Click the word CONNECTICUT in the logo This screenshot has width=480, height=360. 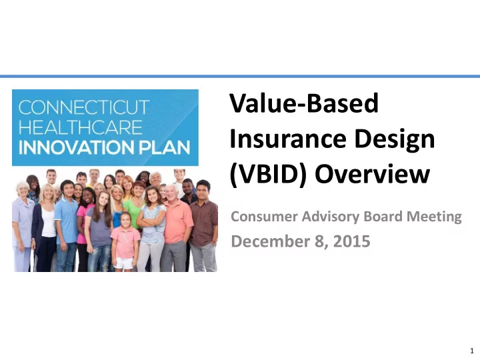[x=84, y=107]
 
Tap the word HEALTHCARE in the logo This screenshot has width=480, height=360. [x=81, y=127]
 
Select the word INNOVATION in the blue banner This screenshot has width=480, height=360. [x=76, y=147]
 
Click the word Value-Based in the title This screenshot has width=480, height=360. [x=304, y=103]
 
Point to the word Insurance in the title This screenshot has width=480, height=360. [x=288, y=139]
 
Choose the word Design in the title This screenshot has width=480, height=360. [x=395, y=140]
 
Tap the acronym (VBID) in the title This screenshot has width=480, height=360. [x=268, y=175]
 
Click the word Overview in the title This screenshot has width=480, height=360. [x=373, y=173]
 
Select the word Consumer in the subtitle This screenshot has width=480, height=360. [x=264, y=217]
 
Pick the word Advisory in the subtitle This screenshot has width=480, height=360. [x=331, y=217]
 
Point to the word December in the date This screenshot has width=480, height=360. [x=271, y=241]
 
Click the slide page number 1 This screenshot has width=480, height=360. [x=472, y=351]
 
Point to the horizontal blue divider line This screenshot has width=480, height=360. [x=240, y=76]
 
